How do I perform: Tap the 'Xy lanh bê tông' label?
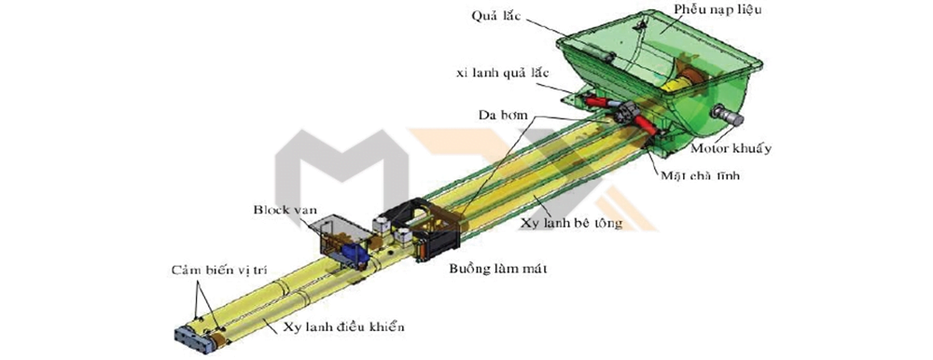click(572, 223)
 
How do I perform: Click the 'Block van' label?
click(278, 210)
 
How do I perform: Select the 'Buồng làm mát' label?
click(497, 269)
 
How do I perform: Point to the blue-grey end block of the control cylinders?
click(193, 340)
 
